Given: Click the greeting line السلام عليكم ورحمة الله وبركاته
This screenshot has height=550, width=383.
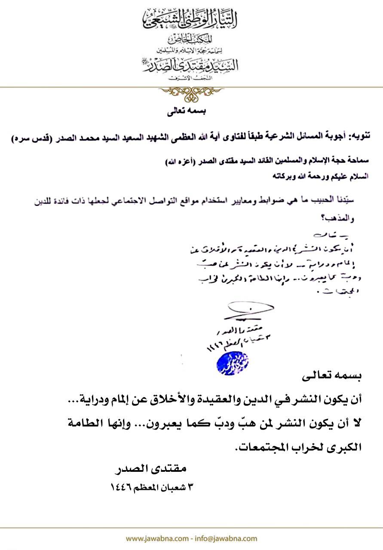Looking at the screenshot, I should (x=320, y=176).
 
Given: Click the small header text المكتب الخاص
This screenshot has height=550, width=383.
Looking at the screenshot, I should (x=191, y=39).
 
